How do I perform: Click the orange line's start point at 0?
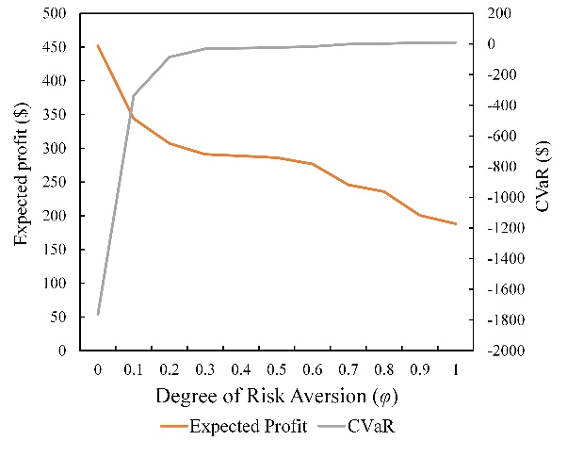(97, 45)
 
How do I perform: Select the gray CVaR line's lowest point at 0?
(97, 314)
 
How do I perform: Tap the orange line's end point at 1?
(456, 223)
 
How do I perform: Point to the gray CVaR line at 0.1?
(133, 95)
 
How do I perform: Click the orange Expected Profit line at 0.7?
(348, 185)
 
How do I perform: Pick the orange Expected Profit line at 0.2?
(170, 143)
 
